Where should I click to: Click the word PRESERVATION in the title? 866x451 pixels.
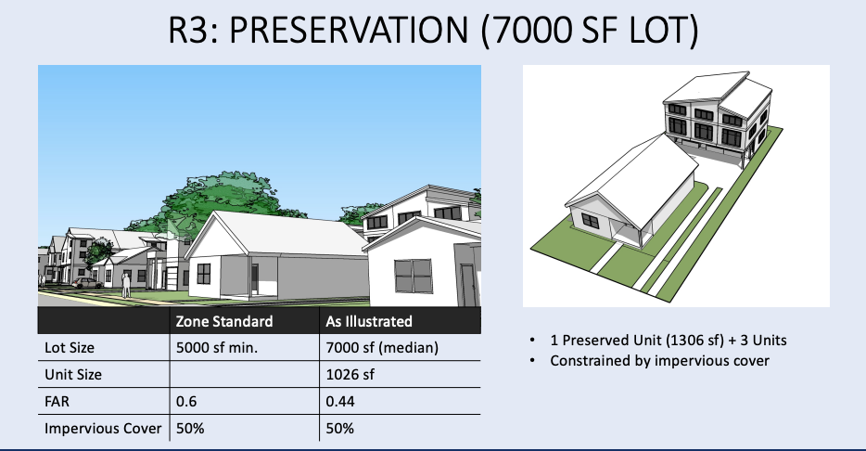349,30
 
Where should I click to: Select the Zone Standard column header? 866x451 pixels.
224,322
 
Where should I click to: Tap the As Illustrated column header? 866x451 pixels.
369,322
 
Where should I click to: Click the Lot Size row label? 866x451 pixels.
70,348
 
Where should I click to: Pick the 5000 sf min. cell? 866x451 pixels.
217,348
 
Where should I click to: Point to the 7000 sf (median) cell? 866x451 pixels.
382,348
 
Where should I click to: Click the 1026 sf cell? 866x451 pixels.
350,375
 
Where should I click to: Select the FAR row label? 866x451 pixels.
57,401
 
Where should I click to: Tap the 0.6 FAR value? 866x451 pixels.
186,401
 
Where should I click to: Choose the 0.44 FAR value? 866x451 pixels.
340,401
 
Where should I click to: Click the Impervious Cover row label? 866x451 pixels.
103,429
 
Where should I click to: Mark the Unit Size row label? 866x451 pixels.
73,375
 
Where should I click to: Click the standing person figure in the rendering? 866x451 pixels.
126,285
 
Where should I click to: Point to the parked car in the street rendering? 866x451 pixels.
87,283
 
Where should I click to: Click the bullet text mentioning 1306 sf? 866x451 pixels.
669,341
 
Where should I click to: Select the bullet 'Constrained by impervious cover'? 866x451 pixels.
659,361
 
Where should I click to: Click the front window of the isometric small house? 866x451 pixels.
590,221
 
